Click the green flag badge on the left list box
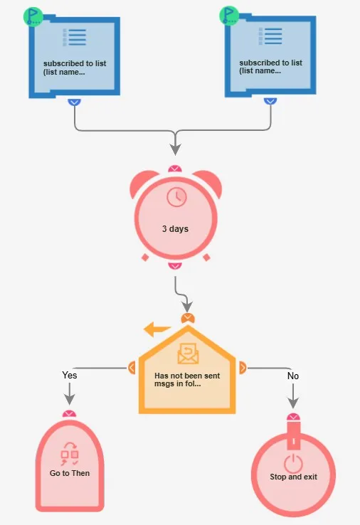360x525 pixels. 33,16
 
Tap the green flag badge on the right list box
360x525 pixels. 229,16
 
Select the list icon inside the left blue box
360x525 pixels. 74,37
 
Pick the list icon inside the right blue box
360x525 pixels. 270,36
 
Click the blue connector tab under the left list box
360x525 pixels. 74,102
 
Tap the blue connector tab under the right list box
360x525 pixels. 270,101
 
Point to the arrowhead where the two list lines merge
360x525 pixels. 175,149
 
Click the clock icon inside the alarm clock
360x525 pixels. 176,197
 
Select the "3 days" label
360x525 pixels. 175,229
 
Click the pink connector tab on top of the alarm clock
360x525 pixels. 175,169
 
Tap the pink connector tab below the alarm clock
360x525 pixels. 175,266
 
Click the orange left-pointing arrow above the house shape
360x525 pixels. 157,329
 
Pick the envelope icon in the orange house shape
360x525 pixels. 188,354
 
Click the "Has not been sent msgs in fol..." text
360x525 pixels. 187,380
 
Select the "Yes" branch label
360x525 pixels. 70,375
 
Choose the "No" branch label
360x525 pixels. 293,376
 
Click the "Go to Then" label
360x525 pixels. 70,473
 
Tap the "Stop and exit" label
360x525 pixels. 293,477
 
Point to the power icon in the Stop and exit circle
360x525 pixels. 293,463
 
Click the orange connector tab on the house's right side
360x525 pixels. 243,368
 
